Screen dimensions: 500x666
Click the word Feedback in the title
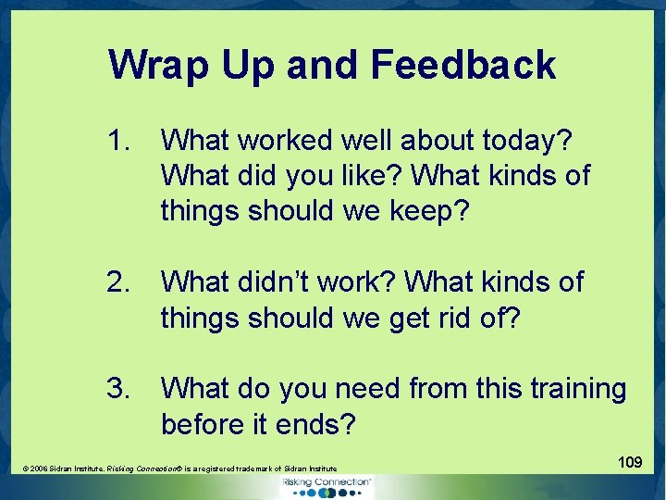[x=463, y=66]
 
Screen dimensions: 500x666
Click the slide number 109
[x=630, y=461]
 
